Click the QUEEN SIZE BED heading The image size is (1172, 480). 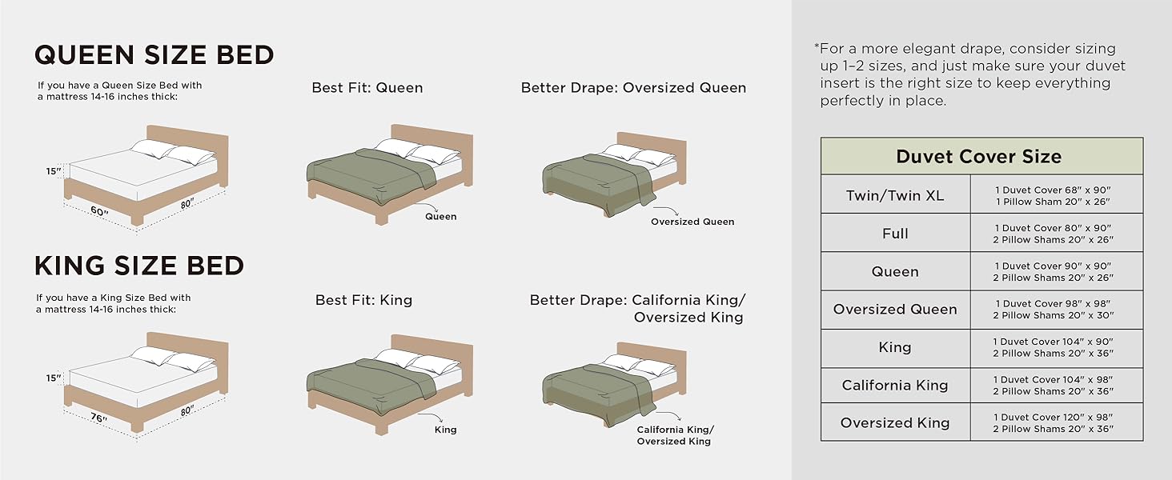click(x=154, y=54)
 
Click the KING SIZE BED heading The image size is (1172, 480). click(x=139, y=265)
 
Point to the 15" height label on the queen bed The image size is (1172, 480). click(x=54, y=170)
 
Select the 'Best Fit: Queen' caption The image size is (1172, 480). click(x=367, y=88)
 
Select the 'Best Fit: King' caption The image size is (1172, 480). click(x=363, y=301)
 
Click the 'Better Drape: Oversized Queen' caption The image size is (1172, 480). click(x=633, y=88)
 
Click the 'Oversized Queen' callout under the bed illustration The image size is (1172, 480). click(x=692, y=222)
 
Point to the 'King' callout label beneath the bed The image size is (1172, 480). click(x=445, y=430)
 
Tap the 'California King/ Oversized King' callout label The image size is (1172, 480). click(x=674, y=435)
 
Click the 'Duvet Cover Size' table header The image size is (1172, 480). click(x=978, y=156)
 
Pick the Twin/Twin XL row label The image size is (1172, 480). click(x=894, y=195)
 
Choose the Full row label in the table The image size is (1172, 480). click(x=894, y=234)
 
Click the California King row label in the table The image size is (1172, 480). click(x=894, y=385)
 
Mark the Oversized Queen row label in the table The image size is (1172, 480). click(x=894, y=310)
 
